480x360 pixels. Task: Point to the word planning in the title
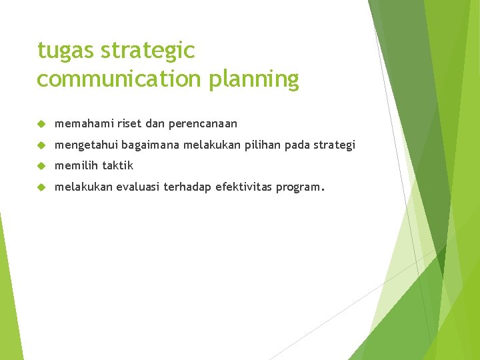[254, 79]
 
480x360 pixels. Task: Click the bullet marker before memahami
[41, 124]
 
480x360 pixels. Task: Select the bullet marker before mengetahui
[41, 145]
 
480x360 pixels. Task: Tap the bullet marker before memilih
[41, 166]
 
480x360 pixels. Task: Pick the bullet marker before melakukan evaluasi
[41, 187]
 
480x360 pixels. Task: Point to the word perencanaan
[203, 124]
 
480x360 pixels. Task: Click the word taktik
[118, 165]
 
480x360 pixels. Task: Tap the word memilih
[75, 165]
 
